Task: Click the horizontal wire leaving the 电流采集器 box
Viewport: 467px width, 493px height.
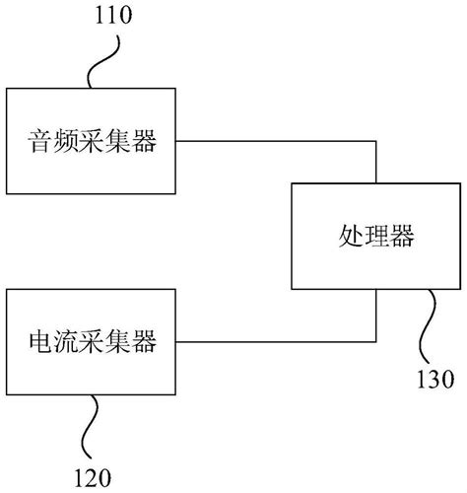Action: click(276, 343)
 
